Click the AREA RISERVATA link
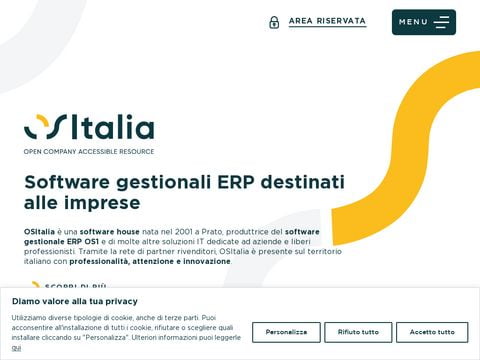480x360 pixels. pos(327,21)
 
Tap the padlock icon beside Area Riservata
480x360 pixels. pos(274,22)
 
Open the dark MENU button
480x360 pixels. pos(423,22)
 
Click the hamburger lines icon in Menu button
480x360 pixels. pos(441,22)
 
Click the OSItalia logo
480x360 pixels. pos(89,128)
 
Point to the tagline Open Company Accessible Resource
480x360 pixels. pos(89,152)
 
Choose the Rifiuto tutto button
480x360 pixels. pos(358,332)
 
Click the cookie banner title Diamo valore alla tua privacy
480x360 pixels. pos(75,301)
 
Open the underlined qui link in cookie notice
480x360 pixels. pos(16,348)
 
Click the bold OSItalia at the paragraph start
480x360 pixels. pos(39,231)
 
